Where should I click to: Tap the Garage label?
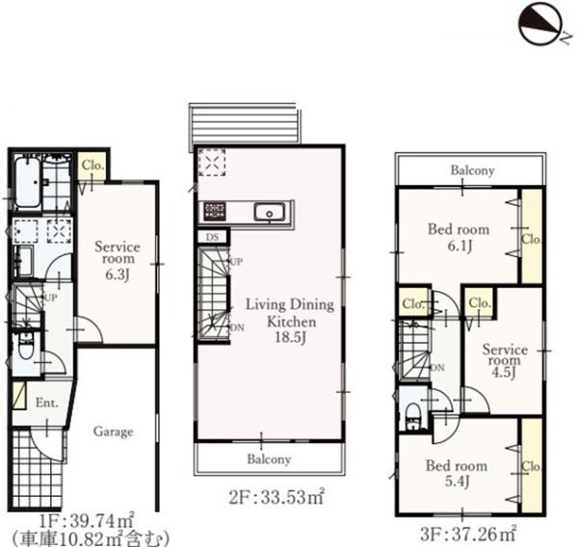113,431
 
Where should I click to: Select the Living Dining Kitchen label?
291,321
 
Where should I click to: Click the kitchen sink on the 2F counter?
270,213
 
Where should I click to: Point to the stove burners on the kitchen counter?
215,211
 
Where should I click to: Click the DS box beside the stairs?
212,237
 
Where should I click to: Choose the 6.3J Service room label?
118,260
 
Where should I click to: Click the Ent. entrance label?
47,403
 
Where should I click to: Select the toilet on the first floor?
26,347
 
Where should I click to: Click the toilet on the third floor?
412,415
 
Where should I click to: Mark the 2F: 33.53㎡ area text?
276,497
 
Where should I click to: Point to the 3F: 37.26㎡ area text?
468,534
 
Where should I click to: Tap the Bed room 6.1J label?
459,237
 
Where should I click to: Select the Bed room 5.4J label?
457,473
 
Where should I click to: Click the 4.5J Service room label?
505,360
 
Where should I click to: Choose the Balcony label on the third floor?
472,170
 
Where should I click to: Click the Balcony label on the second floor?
269,459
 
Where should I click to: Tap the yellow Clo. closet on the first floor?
92,166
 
